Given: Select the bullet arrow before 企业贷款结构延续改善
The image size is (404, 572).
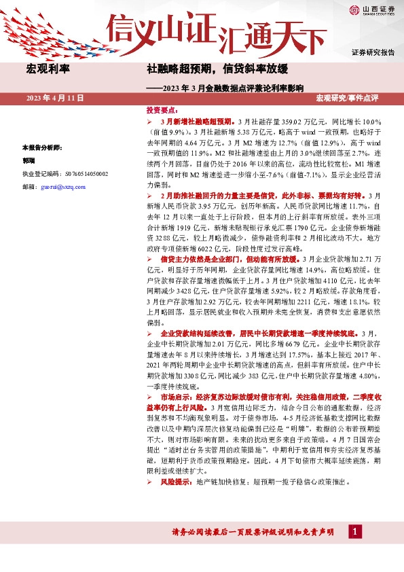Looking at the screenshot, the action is click(150, 334).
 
